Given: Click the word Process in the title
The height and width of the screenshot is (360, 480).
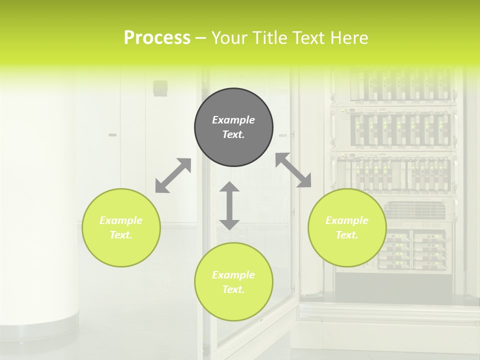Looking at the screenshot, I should point(157,38).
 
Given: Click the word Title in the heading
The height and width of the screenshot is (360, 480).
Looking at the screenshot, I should point(269,38).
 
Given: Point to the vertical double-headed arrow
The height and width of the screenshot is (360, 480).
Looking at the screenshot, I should point(229,205).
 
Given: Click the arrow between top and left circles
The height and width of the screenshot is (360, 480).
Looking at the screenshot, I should point(173,175).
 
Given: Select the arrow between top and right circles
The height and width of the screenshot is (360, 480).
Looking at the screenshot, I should point(293,170).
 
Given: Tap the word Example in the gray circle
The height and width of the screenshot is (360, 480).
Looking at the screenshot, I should point(233,120).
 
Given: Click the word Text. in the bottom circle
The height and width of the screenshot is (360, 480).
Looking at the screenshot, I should point(233,289).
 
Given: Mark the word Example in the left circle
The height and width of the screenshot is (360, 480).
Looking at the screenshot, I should point(121,220).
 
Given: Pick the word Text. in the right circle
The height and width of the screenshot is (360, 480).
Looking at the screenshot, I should point(347,235).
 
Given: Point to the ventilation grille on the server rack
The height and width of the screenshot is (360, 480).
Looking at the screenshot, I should point(415,210).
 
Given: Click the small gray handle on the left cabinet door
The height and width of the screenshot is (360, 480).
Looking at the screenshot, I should point(112,135).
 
